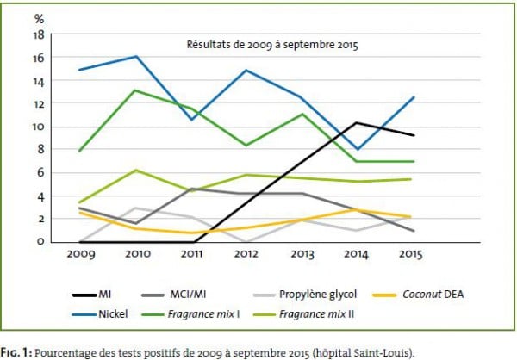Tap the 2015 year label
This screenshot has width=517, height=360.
click(414, 256)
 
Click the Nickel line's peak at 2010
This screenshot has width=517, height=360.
click(136, 57)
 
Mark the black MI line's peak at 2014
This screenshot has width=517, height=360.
click(358, 122)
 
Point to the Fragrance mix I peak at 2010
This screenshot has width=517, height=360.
click(136, 90)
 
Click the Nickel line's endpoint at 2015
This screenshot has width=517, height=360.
click(414, 97)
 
